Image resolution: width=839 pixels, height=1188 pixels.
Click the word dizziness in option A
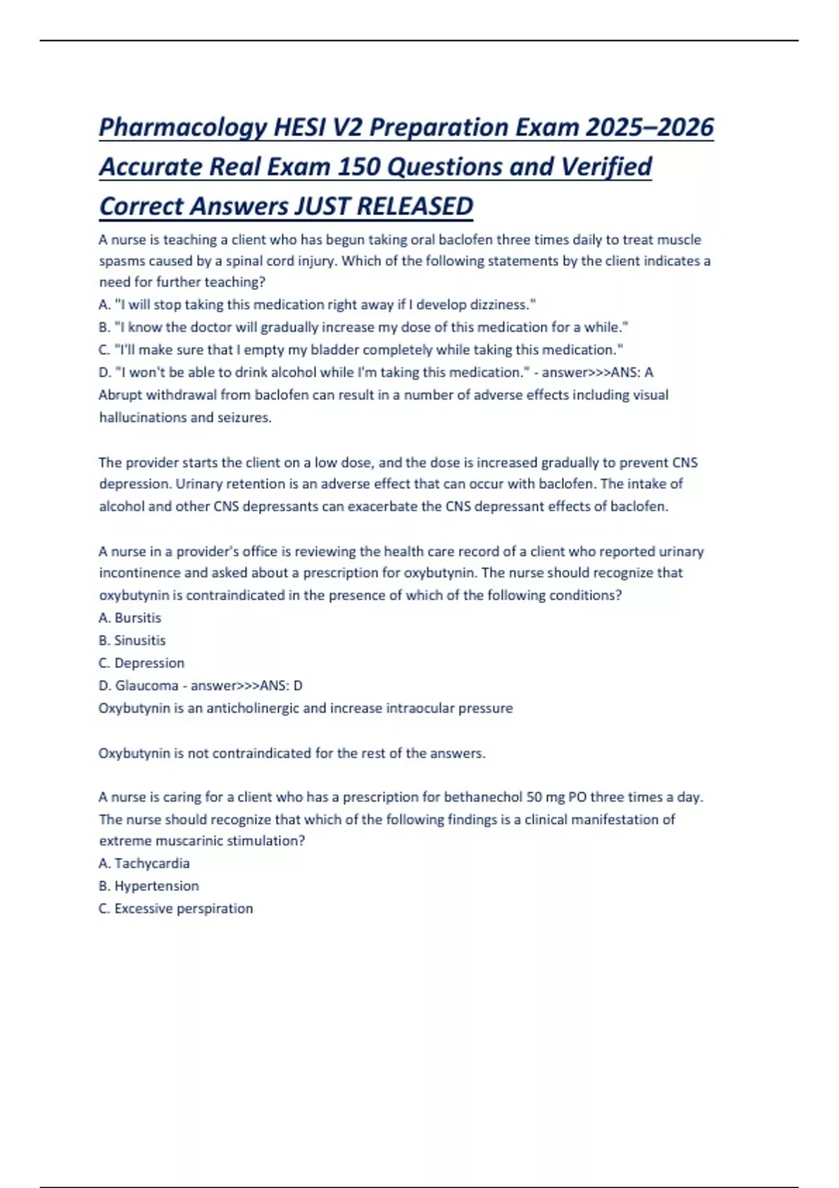498,305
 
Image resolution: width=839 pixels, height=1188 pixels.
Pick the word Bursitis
138,618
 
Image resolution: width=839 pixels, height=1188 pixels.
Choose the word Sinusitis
140,640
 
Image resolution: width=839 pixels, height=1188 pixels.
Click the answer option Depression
149,662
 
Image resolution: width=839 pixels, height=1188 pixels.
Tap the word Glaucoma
146,686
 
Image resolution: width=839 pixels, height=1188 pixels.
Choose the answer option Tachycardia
152,863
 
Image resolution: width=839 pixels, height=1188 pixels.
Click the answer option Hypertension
157,886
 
